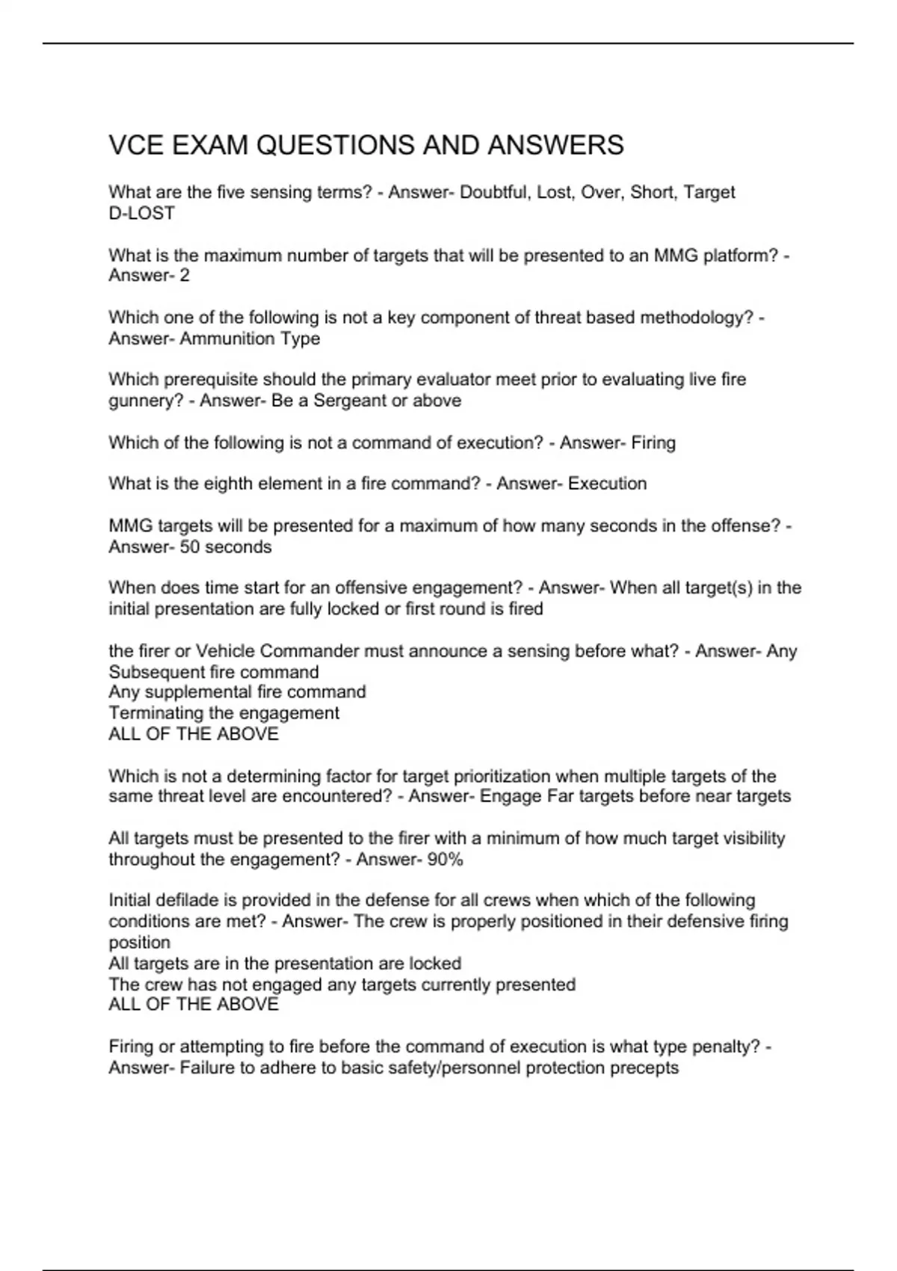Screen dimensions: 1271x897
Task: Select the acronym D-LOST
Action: [x=141, y=213]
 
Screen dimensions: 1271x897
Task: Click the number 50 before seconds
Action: [x=190, y=547]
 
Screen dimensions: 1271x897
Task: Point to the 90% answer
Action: [x=445, y=860]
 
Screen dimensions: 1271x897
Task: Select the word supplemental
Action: [x=203, y=692]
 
